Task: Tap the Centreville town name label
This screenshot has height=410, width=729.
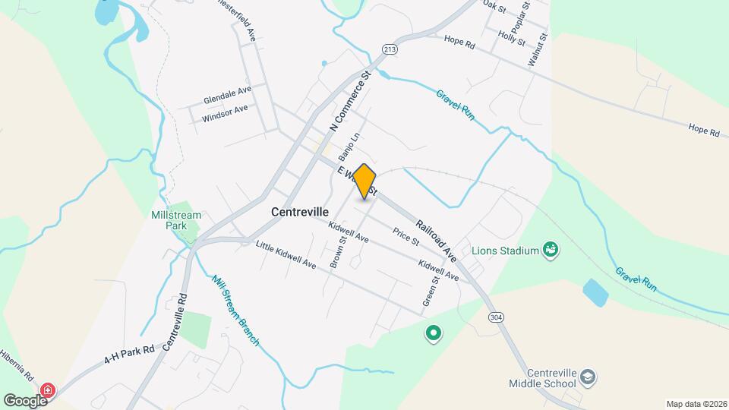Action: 299,213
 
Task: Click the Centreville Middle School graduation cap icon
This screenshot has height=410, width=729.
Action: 589,377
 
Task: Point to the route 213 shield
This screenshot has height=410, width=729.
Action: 390,49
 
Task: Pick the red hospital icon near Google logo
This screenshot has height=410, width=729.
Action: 49,390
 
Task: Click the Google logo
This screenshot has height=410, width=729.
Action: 25,400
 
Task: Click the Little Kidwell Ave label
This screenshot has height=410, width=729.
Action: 286,254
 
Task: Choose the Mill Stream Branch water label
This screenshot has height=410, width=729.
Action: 236,310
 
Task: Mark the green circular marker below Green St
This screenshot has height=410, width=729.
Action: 434,333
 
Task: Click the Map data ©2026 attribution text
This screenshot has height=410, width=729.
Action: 696,404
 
